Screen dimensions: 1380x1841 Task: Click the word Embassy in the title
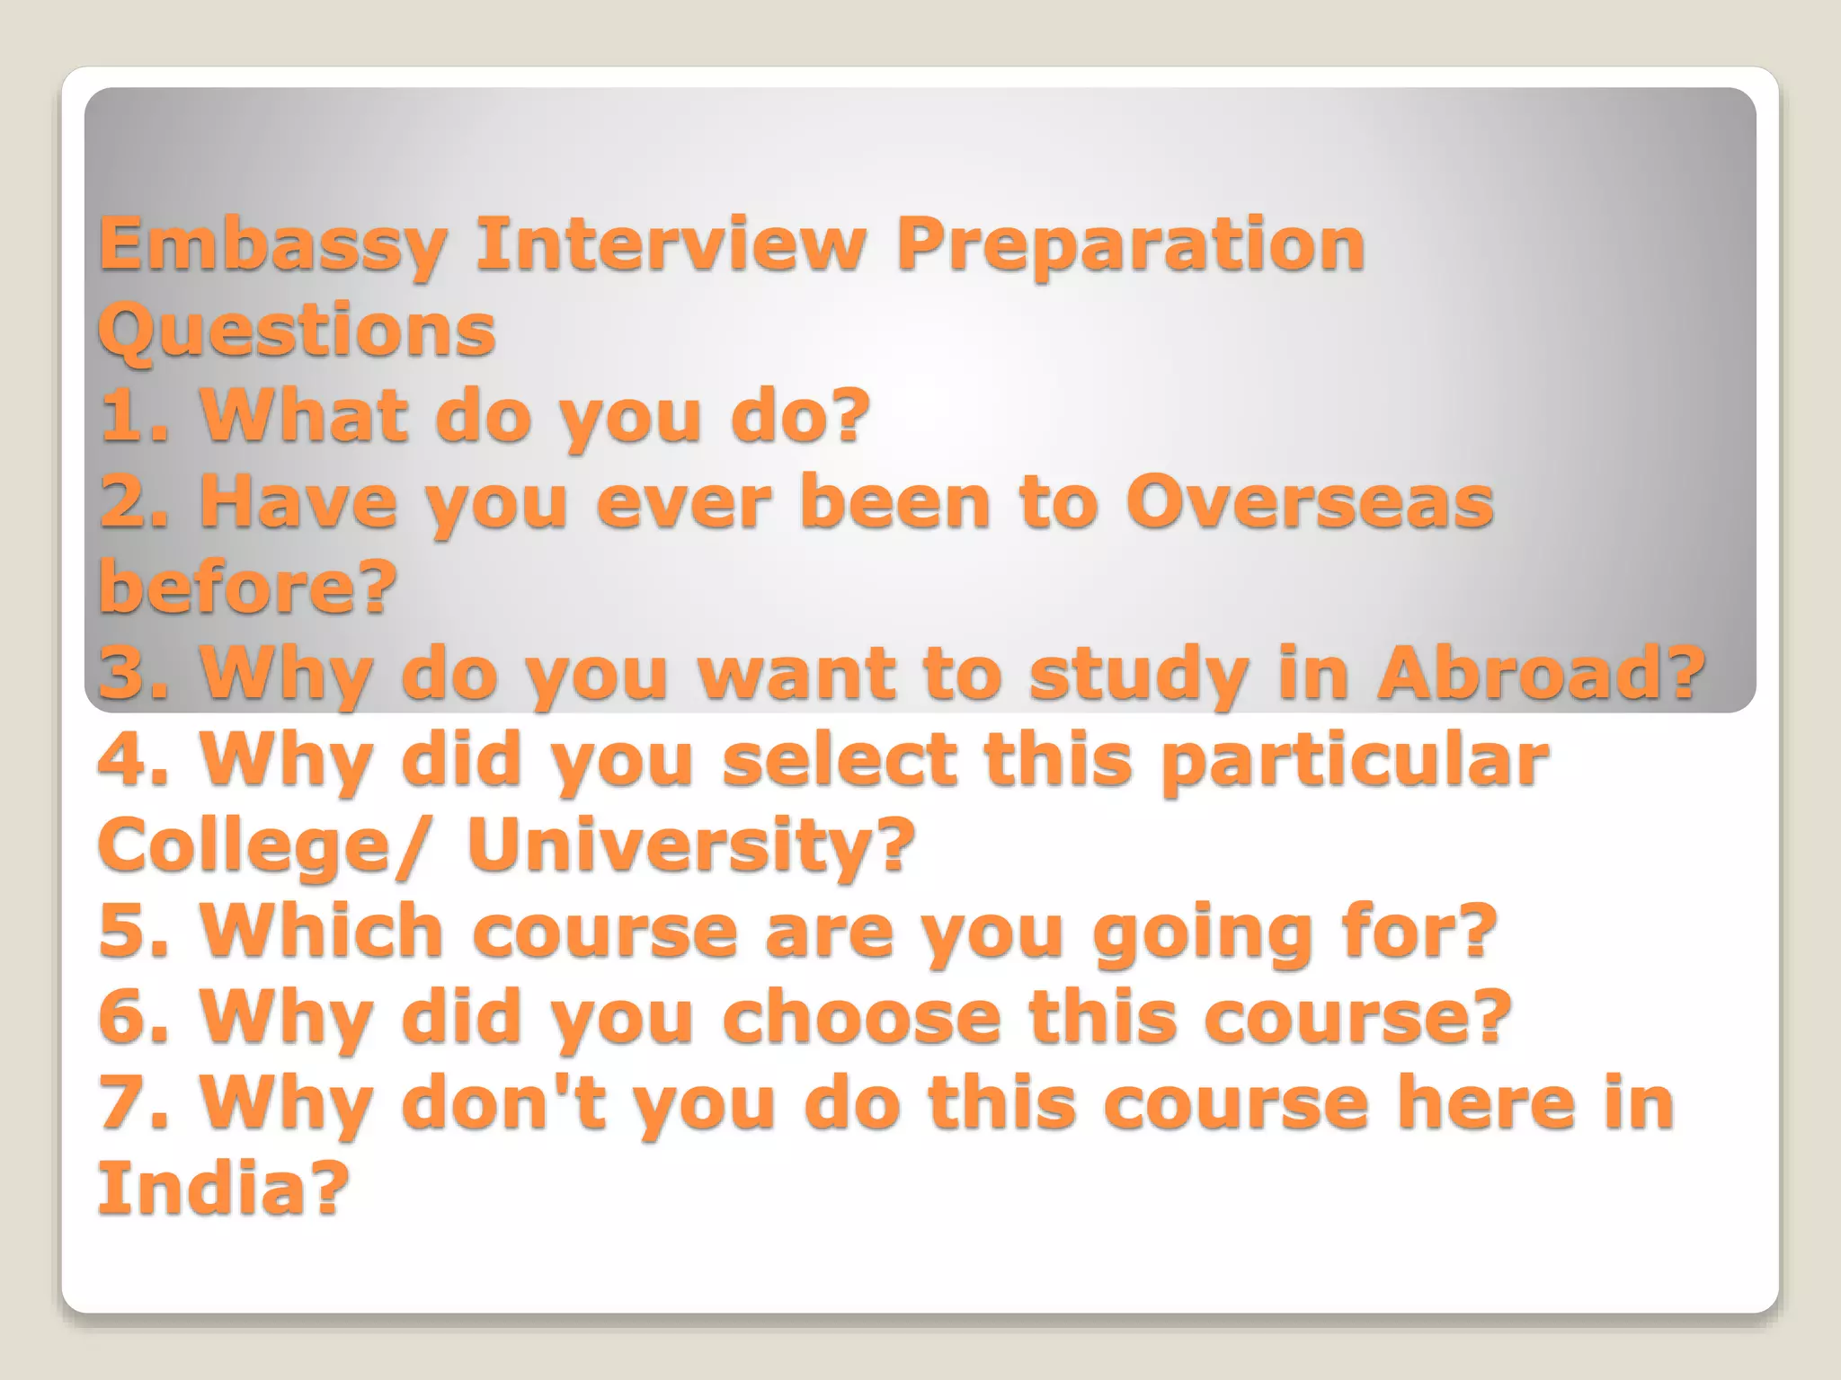click(272, 245)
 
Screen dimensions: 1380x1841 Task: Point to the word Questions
click(297, 330)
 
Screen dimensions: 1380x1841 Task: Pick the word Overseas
click(1309, 502)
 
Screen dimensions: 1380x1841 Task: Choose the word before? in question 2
click(247, 587)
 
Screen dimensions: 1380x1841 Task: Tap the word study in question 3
click(1139, 675)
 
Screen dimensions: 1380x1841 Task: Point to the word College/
click(258, 846)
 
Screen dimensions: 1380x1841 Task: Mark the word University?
click(690, 845)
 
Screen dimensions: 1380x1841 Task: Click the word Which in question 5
click(322, 931)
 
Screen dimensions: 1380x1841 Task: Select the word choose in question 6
click(861, 1017)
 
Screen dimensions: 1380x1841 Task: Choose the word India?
click(222, 1189)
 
